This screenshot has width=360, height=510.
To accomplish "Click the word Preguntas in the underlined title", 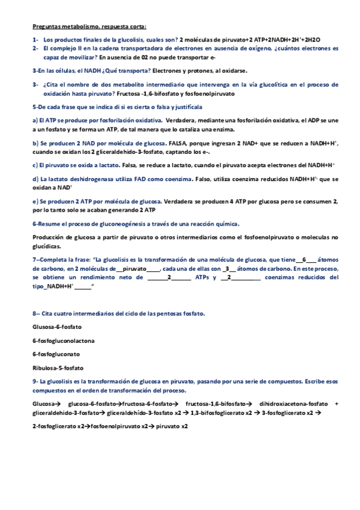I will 46,26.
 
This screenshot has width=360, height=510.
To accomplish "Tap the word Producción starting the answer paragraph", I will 49,237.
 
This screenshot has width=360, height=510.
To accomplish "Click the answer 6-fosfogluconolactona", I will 63,340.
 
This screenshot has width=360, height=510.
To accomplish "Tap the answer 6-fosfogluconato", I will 56,354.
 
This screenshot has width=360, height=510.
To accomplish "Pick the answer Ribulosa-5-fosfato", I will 58,367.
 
